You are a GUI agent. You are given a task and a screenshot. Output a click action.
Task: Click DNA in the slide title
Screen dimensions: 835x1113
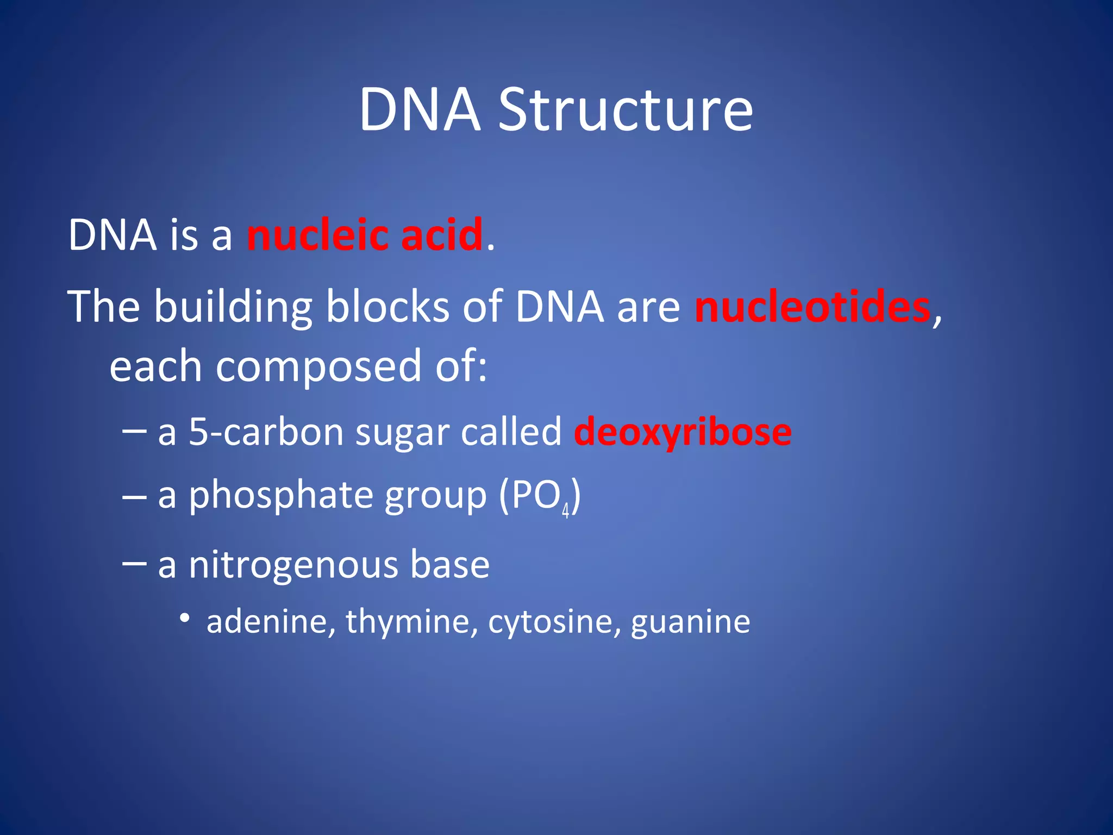tap(420, 110)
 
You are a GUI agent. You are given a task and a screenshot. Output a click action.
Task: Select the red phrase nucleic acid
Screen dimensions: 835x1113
tap(365, 235)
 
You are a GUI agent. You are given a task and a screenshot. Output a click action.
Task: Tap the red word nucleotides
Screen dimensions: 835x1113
tap(812, 307)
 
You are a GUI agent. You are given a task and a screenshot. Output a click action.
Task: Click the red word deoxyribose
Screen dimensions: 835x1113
tap(683, 433)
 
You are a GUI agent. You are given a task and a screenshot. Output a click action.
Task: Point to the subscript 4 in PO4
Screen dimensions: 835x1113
tap(565, 511)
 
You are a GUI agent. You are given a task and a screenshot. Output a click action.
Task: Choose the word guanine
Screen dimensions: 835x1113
tap(690, 621)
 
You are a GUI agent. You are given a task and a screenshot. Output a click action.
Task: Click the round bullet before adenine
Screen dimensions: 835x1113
tap(185, 618)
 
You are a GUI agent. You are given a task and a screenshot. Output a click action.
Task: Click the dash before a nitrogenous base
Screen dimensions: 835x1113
tap(134, 563)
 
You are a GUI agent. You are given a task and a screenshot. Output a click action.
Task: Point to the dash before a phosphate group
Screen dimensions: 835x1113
tap(134, 496)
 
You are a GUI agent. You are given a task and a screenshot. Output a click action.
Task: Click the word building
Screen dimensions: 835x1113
tap(233, 307)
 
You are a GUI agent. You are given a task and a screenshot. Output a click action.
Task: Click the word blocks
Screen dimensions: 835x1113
tap(387, 307)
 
